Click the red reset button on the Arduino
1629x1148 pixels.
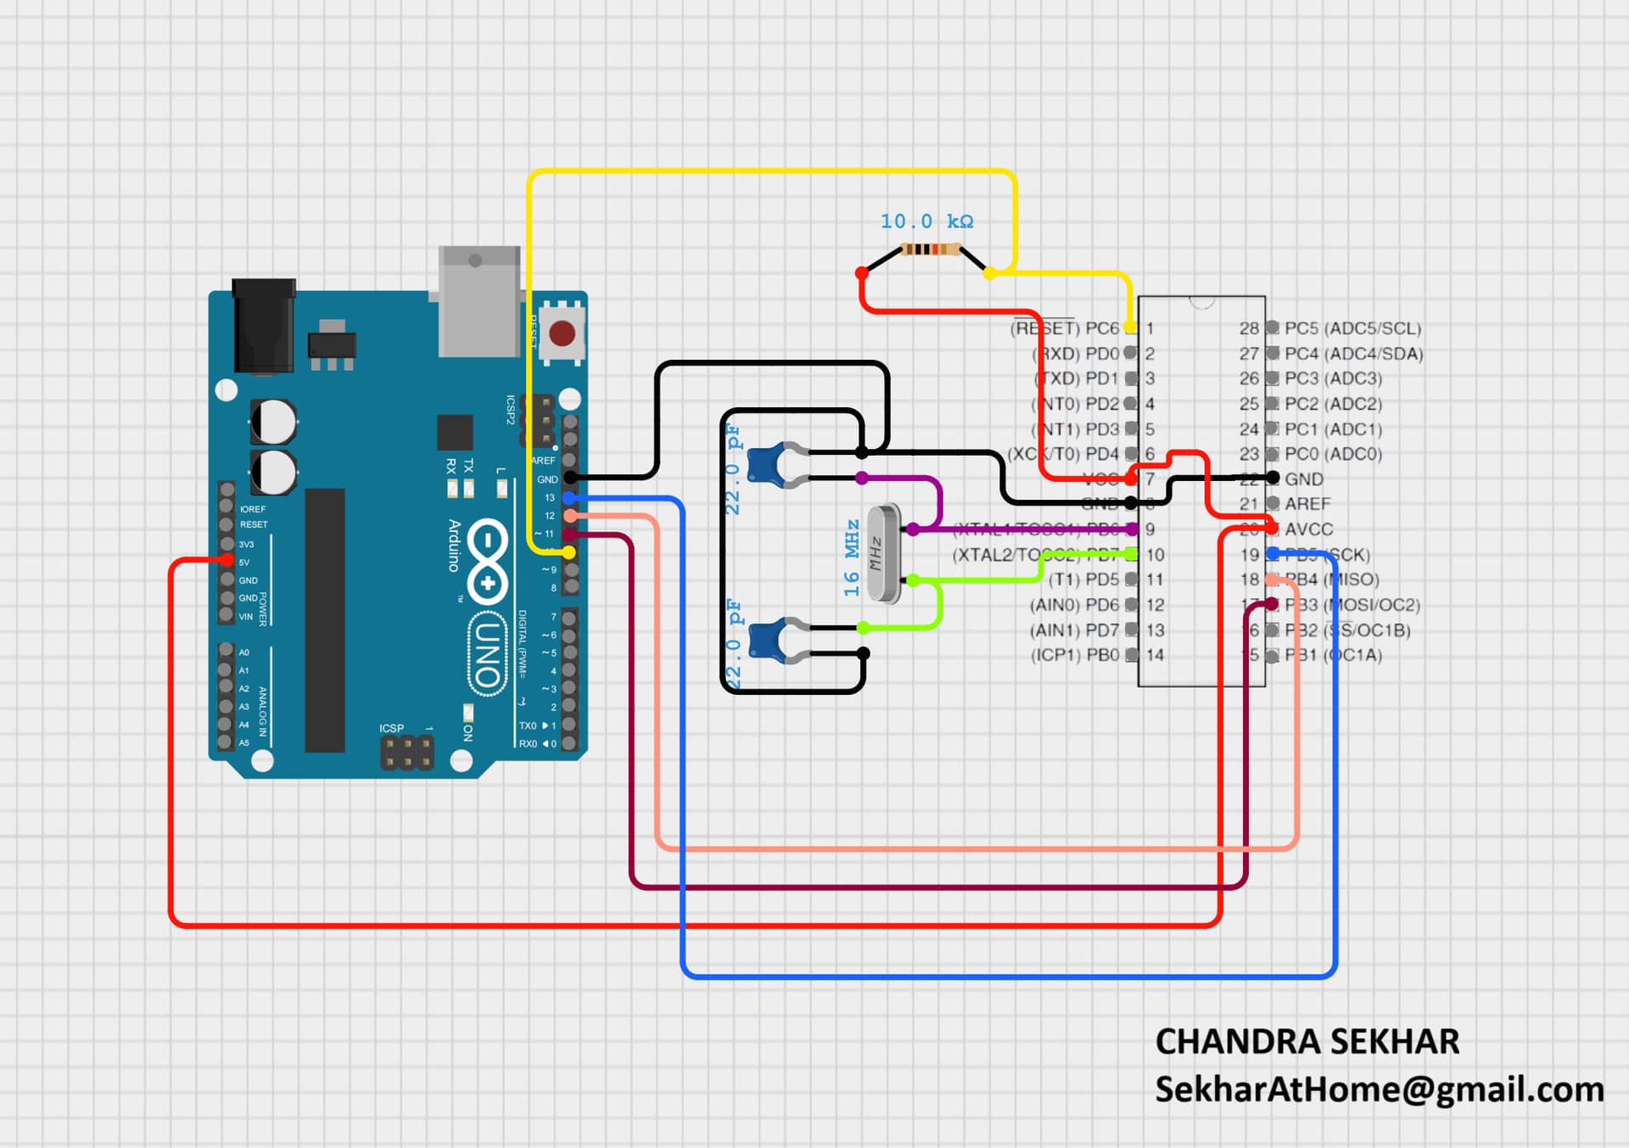[562, 333]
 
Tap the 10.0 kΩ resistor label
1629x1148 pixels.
[926, 221]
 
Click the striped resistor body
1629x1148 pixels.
[930, 249]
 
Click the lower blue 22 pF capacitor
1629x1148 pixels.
[769, 640]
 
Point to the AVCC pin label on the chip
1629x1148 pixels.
[1308, 529]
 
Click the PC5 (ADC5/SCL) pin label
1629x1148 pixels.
[1352, 328]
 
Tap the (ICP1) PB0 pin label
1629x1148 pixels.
[1074, 655]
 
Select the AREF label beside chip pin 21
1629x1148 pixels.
[1307, 504]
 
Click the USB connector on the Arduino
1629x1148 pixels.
[479, 301]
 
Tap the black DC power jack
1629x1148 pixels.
[264, 326]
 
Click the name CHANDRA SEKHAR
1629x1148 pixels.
[1307, 1042]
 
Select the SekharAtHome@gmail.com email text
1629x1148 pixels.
[1379, 1089]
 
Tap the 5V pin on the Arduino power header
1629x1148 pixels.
[227, 561]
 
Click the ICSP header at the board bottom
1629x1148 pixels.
[406, 753]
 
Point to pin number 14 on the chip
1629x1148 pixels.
[1155, 655]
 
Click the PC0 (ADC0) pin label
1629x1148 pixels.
[1333, 454]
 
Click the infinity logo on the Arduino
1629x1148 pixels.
[488, 562]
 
